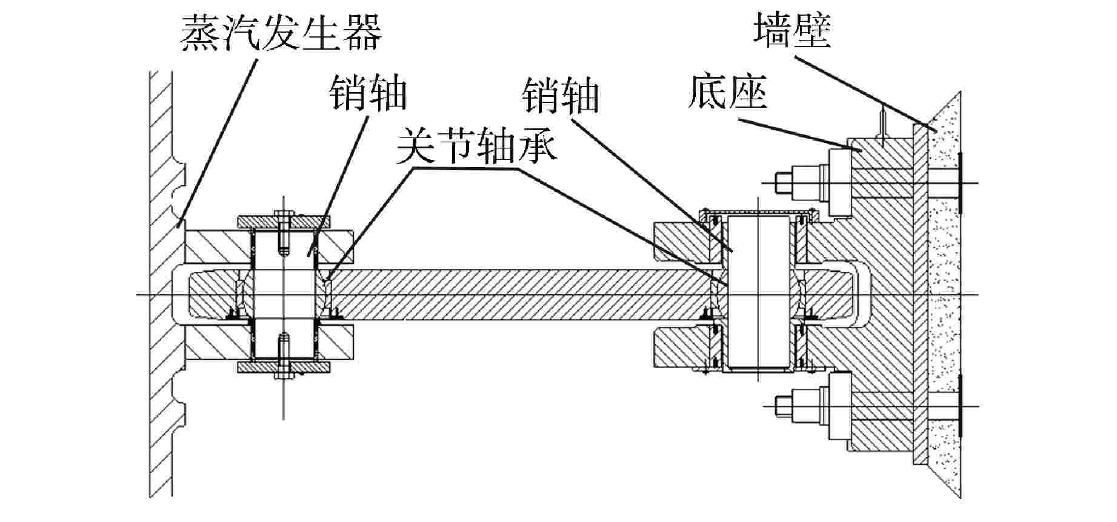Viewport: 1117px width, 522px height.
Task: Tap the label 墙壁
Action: click(792, 30)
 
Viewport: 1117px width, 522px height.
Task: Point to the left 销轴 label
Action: click(368, 93)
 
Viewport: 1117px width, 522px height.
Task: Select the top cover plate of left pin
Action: click(284, 222)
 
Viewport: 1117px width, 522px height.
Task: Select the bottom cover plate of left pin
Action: click(284, 367)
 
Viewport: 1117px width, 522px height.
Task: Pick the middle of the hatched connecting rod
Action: click(515, 295)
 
